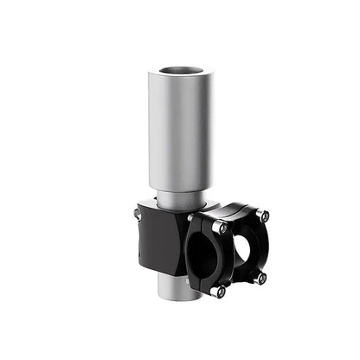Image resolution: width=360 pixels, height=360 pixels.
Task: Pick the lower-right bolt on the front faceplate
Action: (x=260, y=279)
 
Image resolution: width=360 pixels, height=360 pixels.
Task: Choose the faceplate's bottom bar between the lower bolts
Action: (x=240, y=286)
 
